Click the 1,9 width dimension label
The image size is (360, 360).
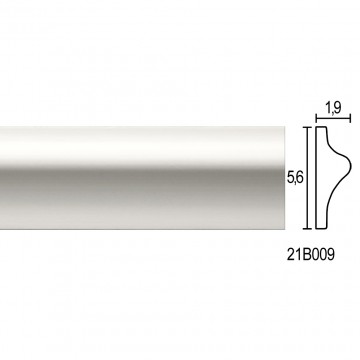pyautogui.click(x=333, y=108)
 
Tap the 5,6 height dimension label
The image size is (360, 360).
pyautogui.click(x=295, y=178)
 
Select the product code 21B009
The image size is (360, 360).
pyautogui.click(x=310, y=255)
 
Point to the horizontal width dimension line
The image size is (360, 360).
pyautogui.click(x=333, y=118)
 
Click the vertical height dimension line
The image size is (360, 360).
pyautogui.click(x=307, y=178)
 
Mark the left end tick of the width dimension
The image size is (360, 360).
pyautogui.click(x=316, y=118)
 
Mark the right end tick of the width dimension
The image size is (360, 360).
pyautogui.click(x=350, y=118)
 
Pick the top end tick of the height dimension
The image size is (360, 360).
pyautogui.click(x=307, y=127)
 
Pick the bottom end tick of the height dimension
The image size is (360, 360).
pyautogui.click(x=307, y=229)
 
